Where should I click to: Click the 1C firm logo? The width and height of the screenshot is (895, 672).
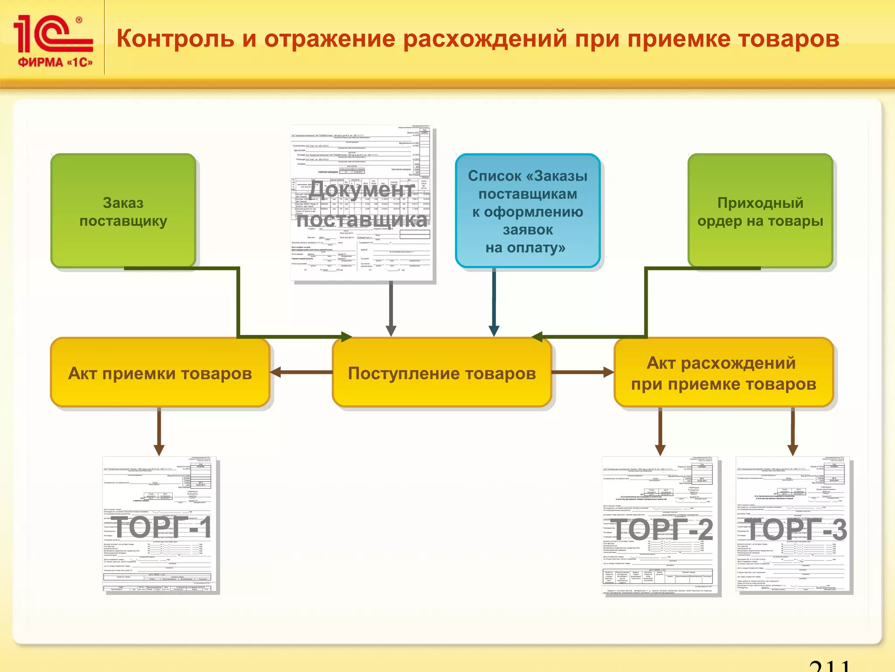click(53, 41)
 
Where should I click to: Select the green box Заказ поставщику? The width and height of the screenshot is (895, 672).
click(123, 211)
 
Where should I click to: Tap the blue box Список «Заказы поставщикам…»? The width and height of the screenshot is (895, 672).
click(527, 211)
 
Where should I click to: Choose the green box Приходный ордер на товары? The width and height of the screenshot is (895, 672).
click(760, 211)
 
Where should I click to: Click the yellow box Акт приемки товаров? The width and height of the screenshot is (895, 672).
click(160, 373)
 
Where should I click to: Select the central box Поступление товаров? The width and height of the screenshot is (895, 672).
click(441, 373)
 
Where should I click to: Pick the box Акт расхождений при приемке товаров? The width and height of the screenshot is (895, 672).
click(723, 373)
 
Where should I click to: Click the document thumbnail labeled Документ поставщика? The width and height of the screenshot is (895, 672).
click(362, 203)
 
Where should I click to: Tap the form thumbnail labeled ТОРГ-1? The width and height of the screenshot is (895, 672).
click(160, 525)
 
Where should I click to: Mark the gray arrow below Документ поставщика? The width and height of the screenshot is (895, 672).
click(391, 308)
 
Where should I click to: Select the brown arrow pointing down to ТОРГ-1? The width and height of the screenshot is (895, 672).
click(159, 431)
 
